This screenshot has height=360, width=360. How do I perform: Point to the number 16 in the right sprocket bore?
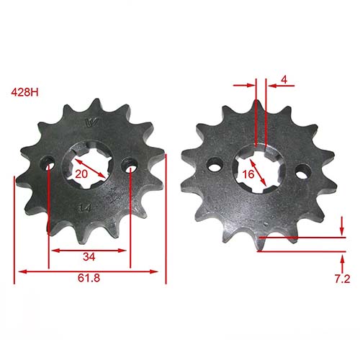pos(248,174)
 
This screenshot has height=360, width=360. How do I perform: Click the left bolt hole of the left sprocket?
pos(48,166)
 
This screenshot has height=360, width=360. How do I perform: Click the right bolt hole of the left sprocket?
pos(130,164)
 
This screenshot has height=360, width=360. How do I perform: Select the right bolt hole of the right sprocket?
pos(304,172)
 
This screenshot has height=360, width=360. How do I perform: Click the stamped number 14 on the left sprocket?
pos(84,208)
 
